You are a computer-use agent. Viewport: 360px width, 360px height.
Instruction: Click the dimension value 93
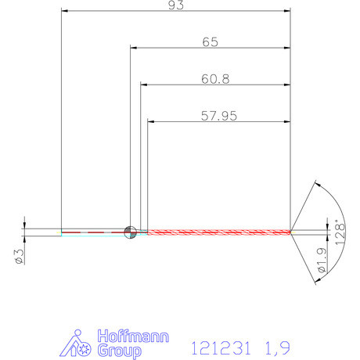click(175, 4)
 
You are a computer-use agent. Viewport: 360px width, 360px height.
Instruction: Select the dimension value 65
click(210, 42)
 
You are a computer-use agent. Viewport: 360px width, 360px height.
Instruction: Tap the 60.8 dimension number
click(214, 79)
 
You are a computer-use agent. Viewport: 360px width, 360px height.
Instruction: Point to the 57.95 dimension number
click(219, 116)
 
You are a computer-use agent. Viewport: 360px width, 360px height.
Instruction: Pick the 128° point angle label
click(339, 234)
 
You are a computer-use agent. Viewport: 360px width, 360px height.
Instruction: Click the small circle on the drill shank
click(130, 231)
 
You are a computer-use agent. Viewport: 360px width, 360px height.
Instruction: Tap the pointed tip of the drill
click(291, 231)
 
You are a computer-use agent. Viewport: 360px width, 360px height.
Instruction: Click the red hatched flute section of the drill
click(219, 231)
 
